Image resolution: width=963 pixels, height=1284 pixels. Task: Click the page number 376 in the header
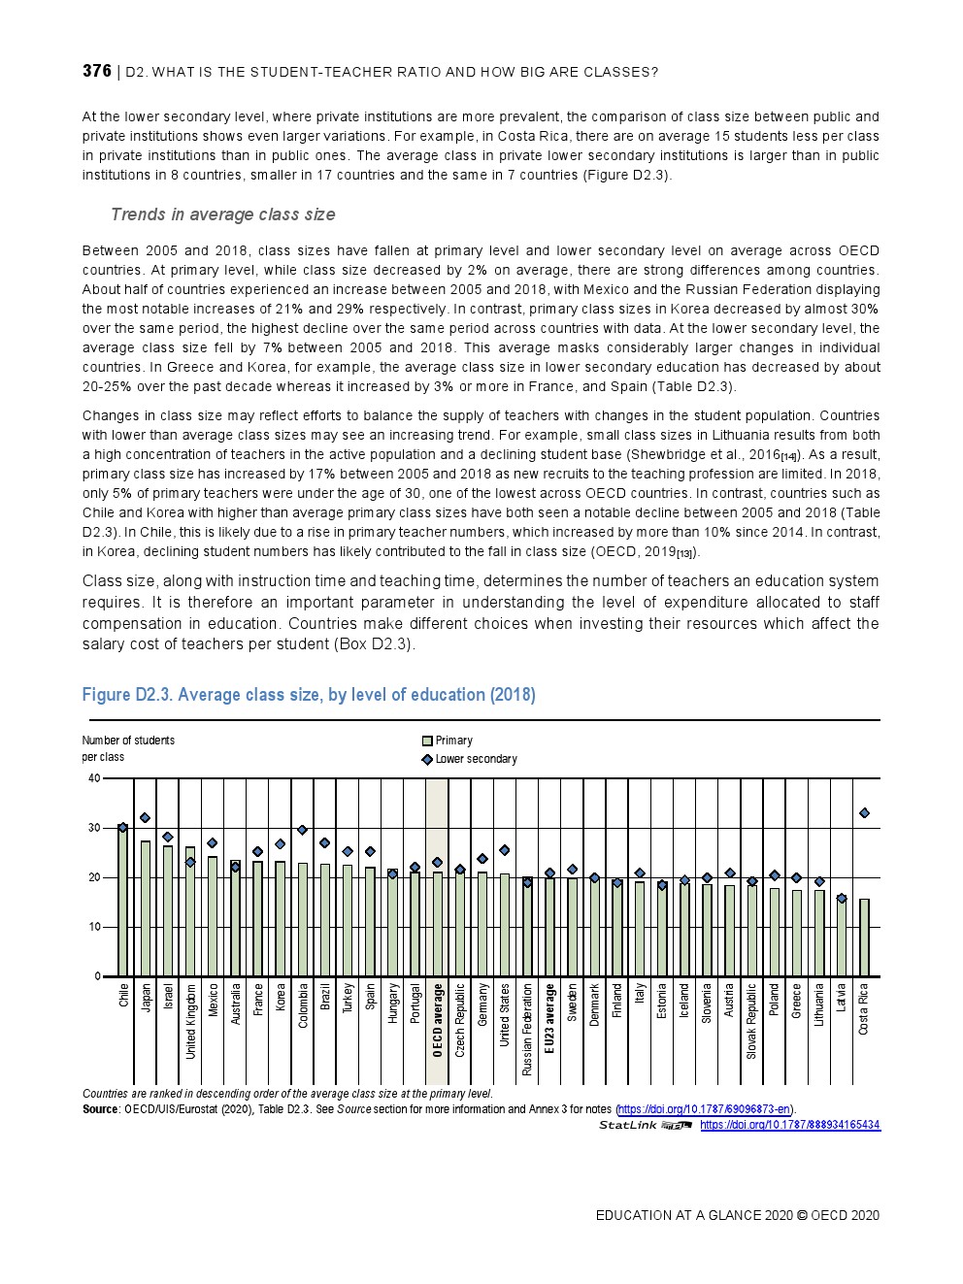click(96, 71)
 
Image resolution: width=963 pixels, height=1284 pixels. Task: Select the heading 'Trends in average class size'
click(222, 214)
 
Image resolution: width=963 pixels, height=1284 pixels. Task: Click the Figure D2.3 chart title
click(308, 695)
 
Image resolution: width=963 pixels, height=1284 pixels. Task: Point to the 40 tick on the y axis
click(94, 778)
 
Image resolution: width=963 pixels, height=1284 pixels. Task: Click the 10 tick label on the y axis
click(94, 927)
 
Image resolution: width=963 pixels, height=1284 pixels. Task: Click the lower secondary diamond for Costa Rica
click(864, 813)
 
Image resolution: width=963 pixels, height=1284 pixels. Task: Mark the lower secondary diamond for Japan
click(146, 818)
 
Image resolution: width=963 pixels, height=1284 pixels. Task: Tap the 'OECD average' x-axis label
click(438, 1020)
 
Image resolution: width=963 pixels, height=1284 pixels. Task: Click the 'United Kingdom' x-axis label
click(191, 1021)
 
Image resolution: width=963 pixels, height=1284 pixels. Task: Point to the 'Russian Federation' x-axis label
click(527, 1029)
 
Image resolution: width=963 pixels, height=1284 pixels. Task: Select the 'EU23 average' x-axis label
click(549, 1019)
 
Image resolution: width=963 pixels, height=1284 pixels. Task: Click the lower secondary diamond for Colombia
click(302, 830)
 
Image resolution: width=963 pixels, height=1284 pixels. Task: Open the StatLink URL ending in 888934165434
click(789, 1125)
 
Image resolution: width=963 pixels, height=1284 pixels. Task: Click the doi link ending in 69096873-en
click(705, 1109)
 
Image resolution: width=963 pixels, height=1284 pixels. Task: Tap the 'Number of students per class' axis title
click(128, 748)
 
